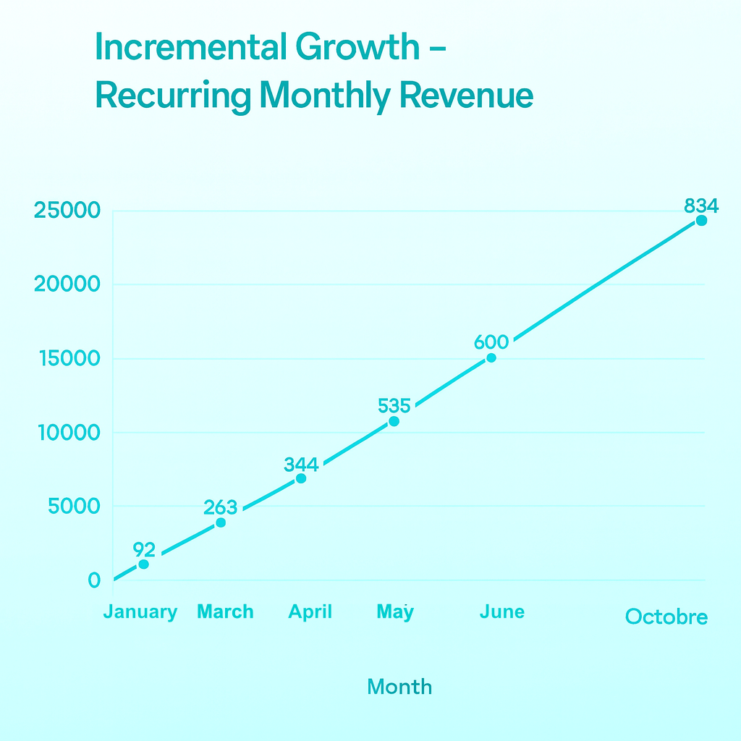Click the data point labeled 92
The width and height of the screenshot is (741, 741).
click(x=143, y=564)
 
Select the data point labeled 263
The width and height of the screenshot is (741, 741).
click(x=221, y=522)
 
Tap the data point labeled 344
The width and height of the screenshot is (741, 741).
click(x=301, y=478)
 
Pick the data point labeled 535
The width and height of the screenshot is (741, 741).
click(x=394, y=421)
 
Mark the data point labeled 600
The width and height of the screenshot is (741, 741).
click(x=491, y=358)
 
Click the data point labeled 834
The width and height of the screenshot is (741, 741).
click(x=701, y=221)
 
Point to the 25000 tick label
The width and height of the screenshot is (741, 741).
click(x=67, y=211)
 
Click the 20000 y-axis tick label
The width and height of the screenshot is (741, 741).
click(x=67, y=285)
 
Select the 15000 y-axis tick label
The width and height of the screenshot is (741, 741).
click(x=67, y=359)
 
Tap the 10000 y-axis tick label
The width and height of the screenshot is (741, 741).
click(x=67, y=433)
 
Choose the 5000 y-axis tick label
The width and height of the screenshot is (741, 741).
click(x=74, y=507)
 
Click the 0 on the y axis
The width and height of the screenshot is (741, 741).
click(x=94, y=580)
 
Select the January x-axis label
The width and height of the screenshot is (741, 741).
click(x=140, y=612)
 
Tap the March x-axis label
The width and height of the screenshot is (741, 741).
click(x=225, y=612)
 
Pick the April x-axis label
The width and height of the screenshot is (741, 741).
click(x=310, y=612)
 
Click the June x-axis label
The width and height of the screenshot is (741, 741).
click(x=501, y=612)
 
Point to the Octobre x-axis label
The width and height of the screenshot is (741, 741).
click(x=666, y=617)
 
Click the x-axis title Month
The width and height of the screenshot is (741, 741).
click(x=399, y=686)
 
